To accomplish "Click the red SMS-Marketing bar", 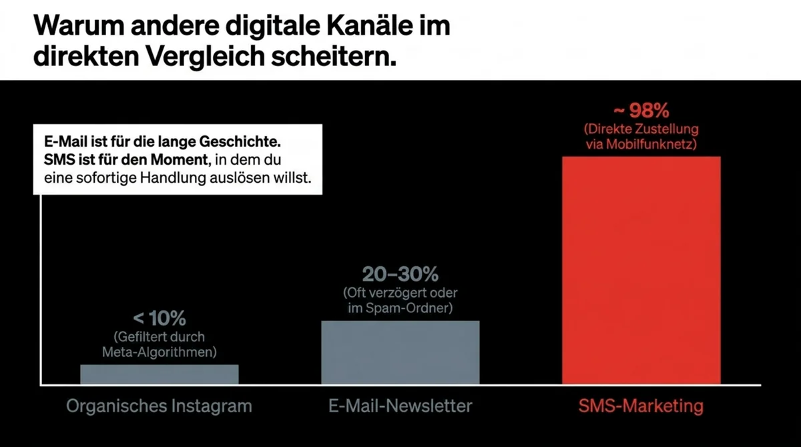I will (641, 270).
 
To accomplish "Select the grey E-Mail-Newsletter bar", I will (400, 352).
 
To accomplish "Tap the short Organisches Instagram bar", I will (159, 374).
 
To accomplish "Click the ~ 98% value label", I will (641, 110).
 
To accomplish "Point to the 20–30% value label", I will (400, 274).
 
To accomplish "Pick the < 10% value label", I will (159, 318).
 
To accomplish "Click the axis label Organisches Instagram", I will (159, 406).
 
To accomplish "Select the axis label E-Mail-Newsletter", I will (400, 406).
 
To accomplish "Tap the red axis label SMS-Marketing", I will (641, 406).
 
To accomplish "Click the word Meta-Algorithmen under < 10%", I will (159, 351).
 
